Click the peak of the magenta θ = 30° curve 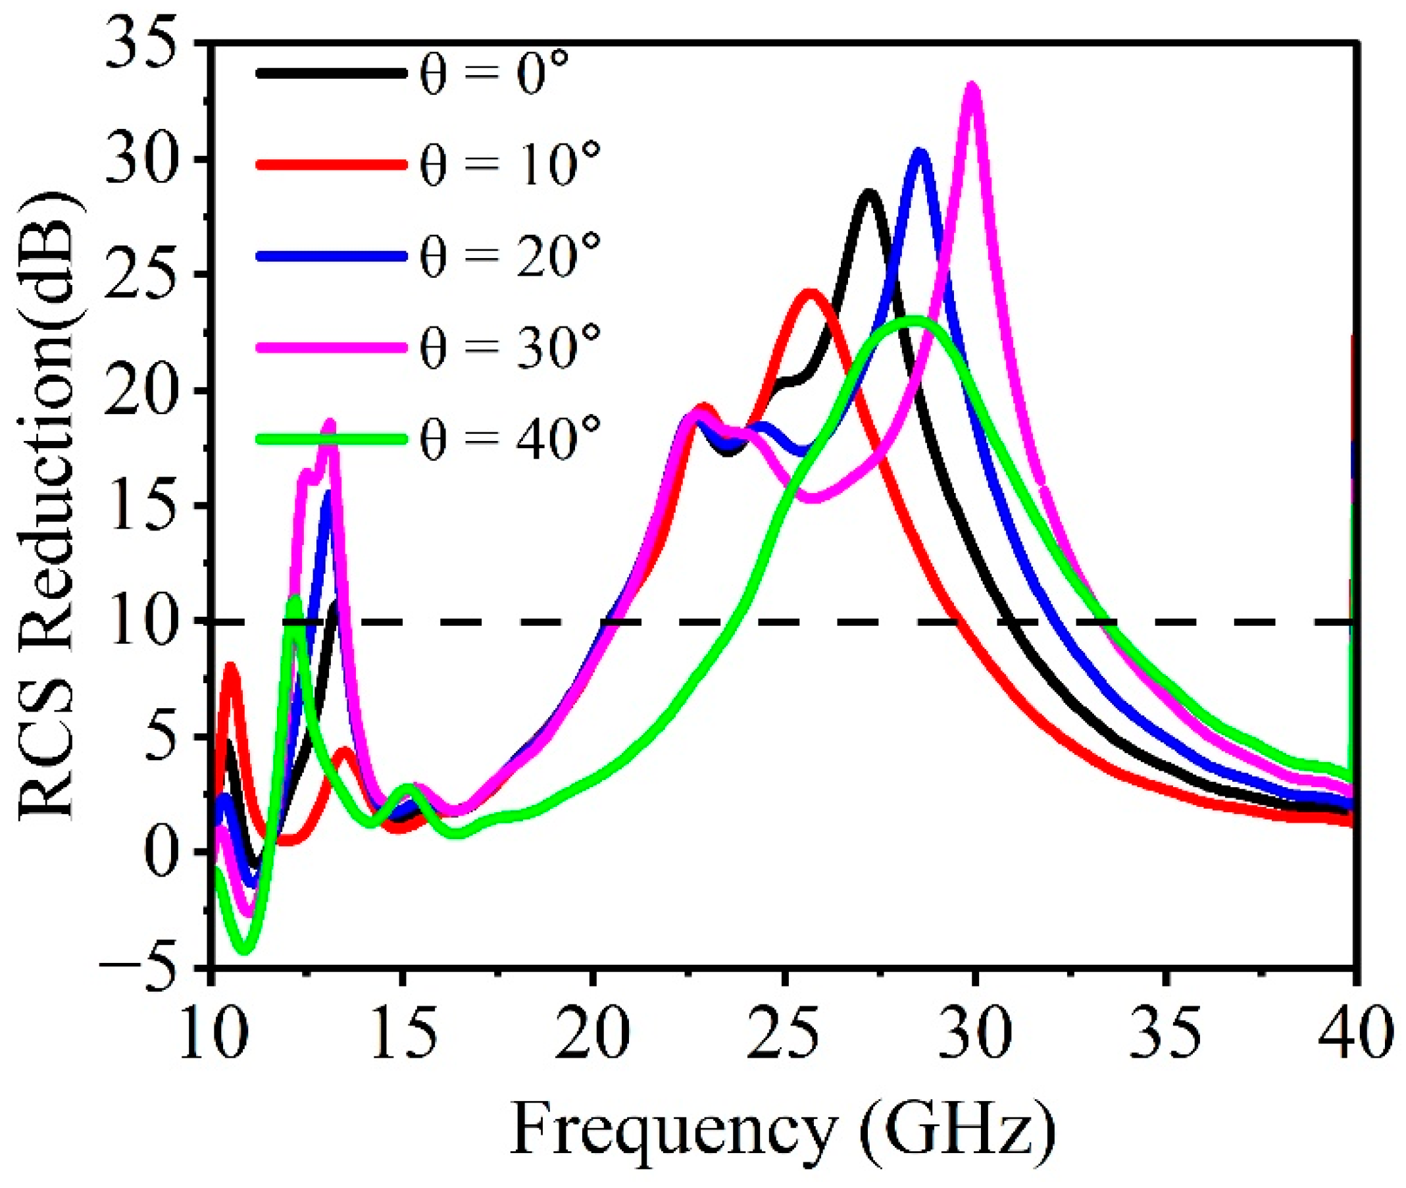coord(972,88)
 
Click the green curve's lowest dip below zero coord(245,950)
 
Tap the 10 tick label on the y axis coord(147,621)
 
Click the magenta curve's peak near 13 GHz coord(330,425)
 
